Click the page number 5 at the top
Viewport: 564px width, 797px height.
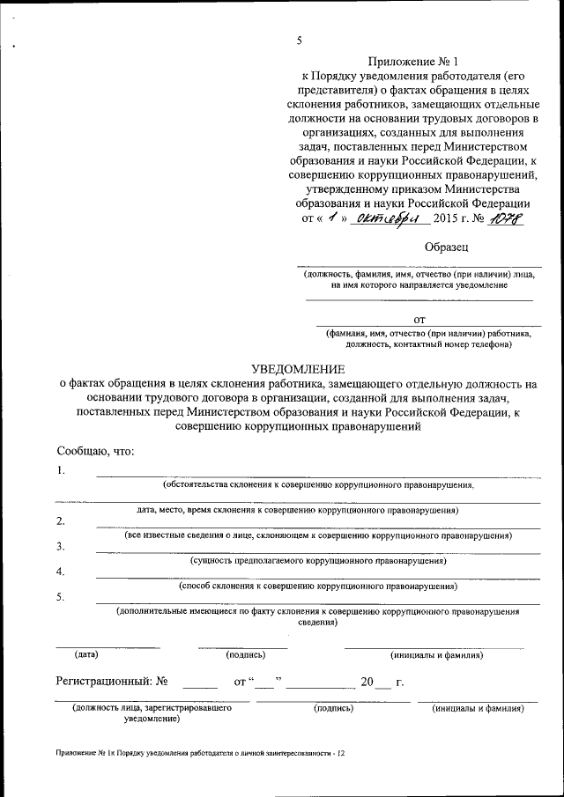[300, 41]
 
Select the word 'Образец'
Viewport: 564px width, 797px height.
[447, 247]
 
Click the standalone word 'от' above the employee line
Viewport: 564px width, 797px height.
[419, 320]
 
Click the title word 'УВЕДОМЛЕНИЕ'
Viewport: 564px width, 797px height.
[298, 368]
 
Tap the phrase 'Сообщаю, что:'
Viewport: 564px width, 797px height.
[95, 450]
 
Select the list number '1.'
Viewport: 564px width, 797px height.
[61, 469]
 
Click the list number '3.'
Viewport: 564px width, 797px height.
[61, 546]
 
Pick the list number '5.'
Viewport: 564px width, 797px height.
[61, 597]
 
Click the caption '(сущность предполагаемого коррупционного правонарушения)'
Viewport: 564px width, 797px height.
[318, 560]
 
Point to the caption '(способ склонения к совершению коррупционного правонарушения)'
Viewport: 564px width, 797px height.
[317, 585]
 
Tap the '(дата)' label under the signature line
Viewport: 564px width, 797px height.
[86, 654]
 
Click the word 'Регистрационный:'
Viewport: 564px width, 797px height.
[100, 681]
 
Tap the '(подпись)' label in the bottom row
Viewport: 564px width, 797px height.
[333, 707]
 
